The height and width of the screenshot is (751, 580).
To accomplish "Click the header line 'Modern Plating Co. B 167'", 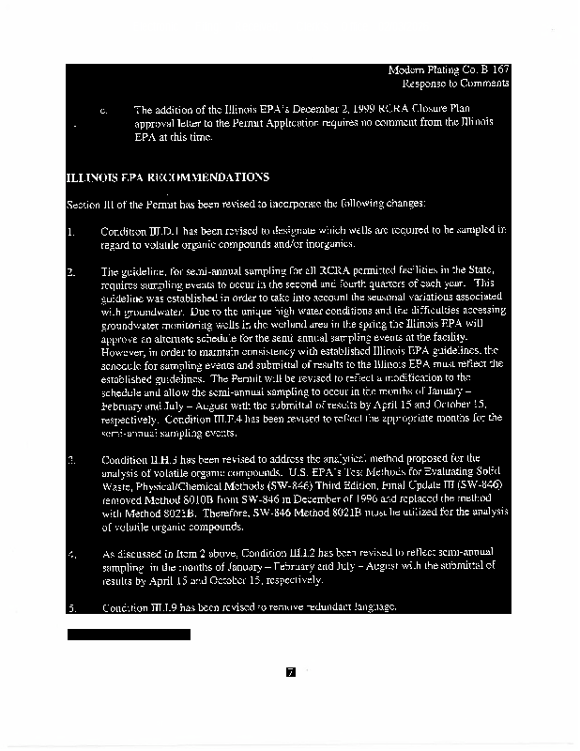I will [x=448, y=69].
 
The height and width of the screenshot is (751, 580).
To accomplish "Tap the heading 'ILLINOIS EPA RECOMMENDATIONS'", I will [x=168, y=177].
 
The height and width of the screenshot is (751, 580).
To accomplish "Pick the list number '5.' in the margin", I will [x=71, y=607].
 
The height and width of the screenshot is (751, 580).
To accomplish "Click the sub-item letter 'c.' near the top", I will [x=105, y=110].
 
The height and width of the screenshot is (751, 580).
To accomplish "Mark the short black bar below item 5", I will [x=129, y=635].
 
